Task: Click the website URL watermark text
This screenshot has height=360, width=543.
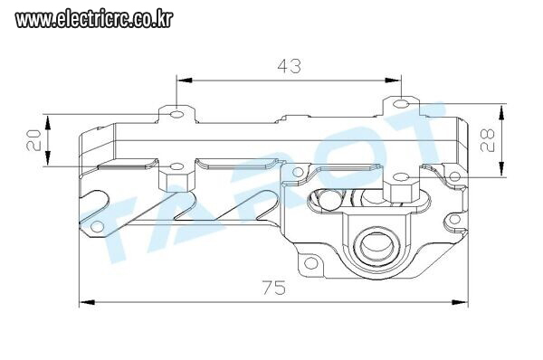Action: point(94,20)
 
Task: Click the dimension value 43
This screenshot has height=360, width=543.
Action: point(290,66)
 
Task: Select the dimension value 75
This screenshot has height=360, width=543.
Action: point(274,288)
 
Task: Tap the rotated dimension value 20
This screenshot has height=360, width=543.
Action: point(34,140)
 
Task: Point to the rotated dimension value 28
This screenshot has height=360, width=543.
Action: point(487,140)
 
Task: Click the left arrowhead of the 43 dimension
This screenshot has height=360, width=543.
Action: point(185,81)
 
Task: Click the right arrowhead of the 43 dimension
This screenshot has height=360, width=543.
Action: point(393,81)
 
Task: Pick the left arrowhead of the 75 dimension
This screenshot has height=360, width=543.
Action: point(87,302)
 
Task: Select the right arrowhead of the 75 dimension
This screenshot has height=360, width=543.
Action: point(460,302)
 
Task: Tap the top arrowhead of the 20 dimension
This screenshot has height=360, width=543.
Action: point(47,123)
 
